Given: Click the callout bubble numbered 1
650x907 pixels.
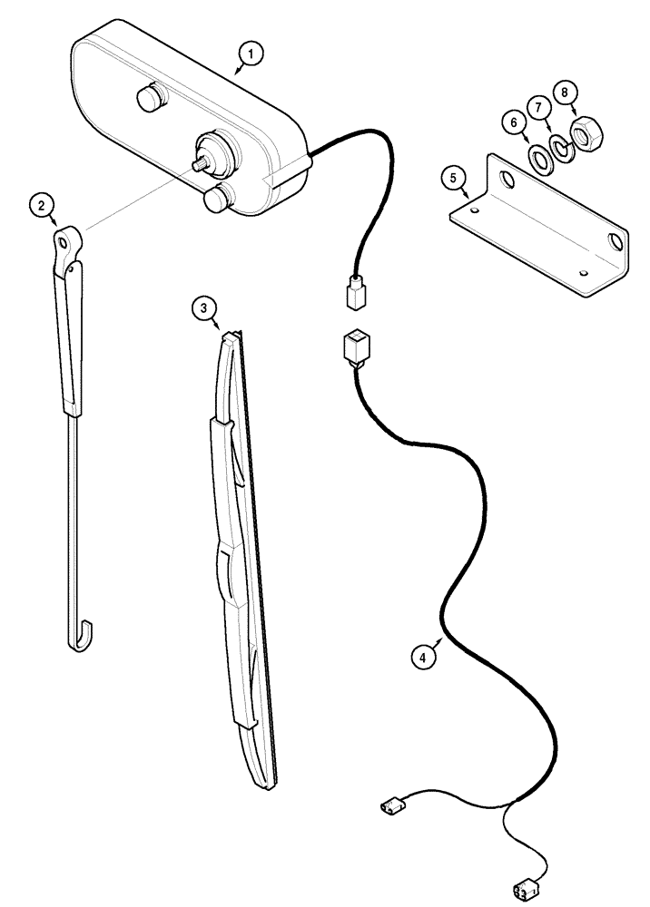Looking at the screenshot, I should (251, 54).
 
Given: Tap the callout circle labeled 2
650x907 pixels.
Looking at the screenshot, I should (38, 205).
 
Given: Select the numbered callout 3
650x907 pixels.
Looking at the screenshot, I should (204, 309).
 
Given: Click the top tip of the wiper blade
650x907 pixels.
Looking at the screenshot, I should (231, 334).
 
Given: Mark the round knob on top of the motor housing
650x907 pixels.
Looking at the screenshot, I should (148, 98).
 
